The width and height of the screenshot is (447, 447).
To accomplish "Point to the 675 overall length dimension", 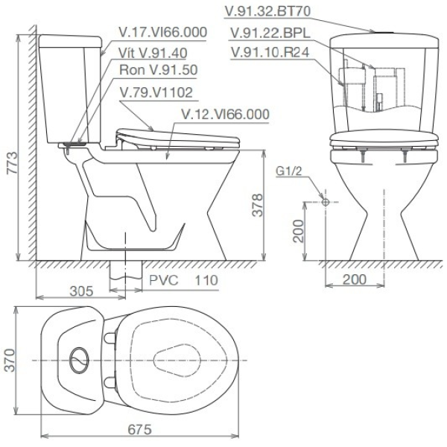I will [140, 430].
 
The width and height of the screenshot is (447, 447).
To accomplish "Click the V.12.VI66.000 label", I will [225, 113].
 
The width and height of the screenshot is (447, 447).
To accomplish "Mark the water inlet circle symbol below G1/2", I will [325, 202].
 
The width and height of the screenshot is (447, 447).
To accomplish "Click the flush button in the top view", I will [77, 359].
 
